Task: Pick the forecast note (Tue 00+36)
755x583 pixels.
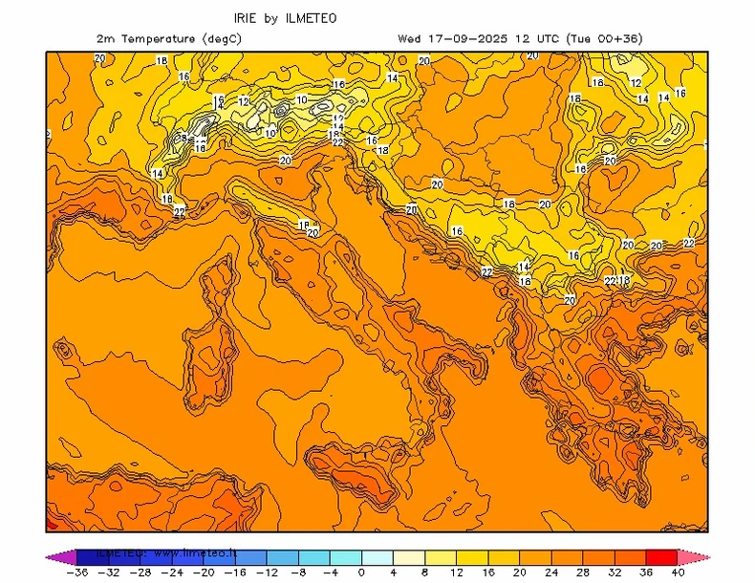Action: pyautogui.click(x=604, y=38)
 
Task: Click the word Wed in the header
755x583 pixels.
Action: pyautogui.click(x=409, y=38)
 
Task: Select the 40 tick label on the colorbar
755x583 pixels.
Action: pyautogui.click(x=678, y=572)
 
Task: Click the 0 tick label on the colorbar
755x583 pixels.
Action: pyautogui.click(x=362, y=572)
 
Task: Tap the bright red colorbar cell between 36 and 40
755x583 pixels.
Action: pyautogui.click(x=662, y=555)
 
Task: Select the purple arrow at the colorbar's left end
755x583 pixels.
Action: pyautogui.click(x=54, y=555)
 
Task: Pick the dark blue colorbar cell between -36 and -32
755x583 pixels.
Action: pyautogui.click(x=91, y=555)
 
